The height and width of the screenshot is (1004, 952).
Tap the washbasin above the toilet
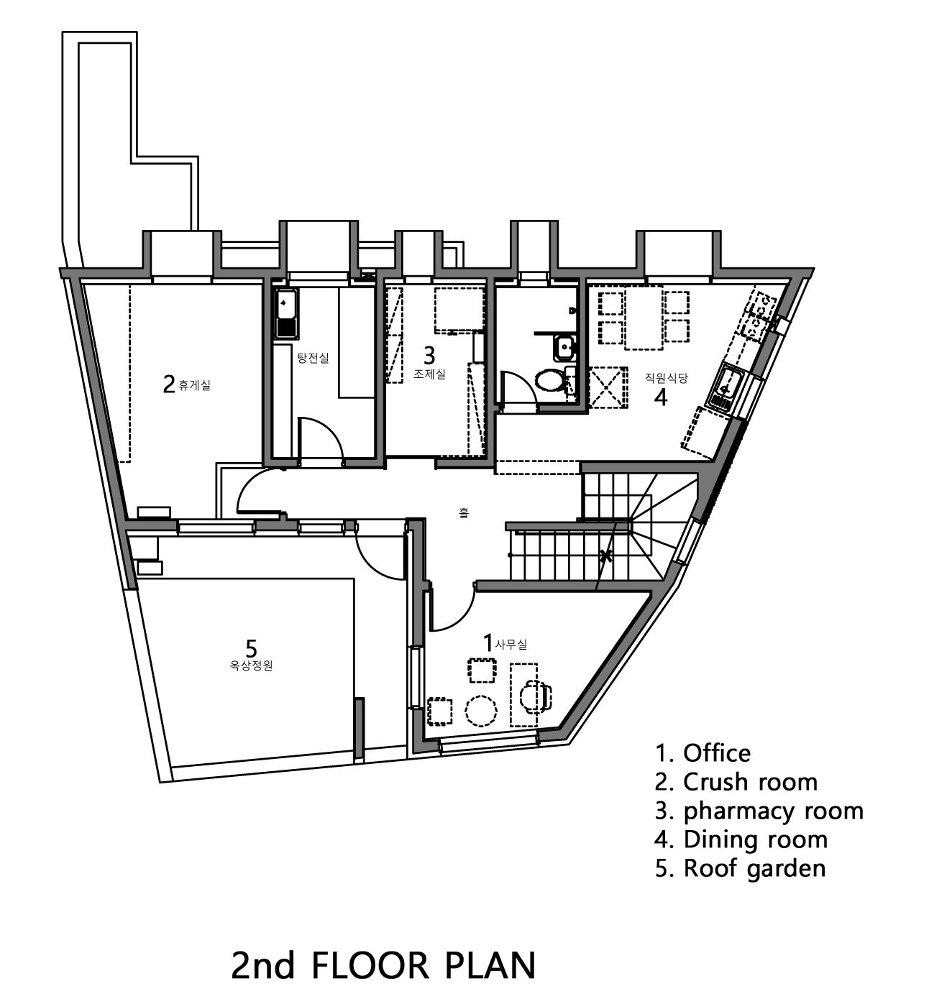tap(566, 348)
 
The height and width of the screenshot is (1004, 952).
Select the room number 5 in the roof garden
tap(251, 648)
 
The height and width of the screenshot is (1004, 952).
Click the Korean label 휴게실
tap(194, 384)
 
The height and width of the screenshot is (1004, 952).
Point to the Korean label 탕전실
tap(313, 357)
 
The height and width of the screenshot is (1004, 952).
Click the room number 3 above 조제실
tap(429, 356)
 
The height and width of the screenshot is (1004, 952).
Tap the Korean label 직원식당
tap(666, 377)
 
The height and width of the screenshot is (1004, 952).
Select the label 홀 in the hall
tap(464, 512)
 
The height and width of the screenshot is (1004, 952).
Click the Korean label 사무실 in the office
tap(511, 645)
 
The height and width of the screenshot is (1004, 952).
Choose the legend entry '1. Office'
tap(702, 753)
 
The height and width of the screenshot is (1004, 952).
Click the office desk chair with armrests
tap(536, 696)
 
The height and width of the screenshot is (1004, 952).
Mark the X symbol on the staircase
tap(607, 555)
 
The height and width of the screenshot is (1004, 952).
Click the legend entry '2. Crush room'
tap(736, 782)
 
